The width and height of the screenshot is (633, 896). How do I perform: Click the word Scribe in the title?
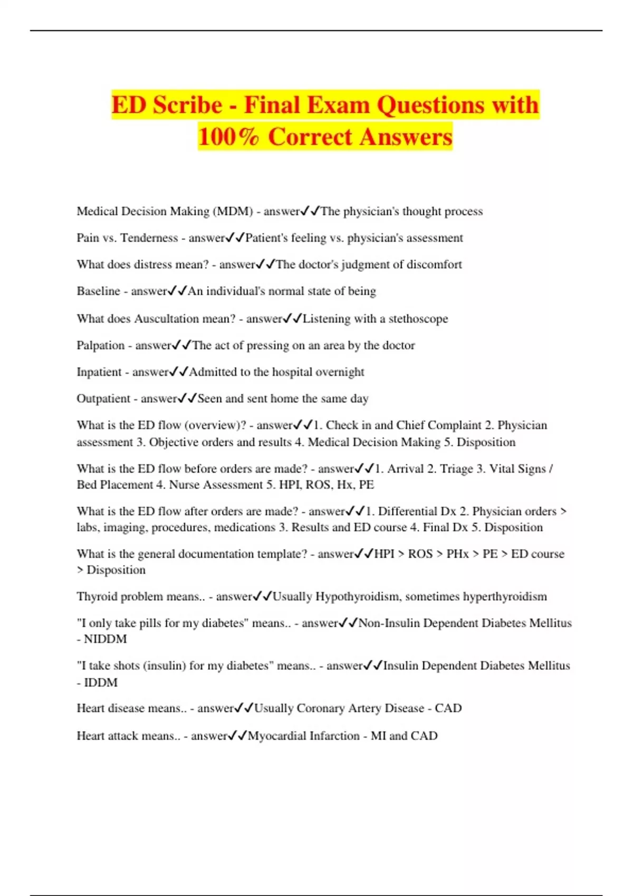point(187,105)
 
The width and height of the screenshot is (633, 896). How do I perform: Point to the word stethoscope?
point(418,319)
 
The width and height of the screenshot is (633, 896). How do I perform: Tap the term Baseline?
point(98,291)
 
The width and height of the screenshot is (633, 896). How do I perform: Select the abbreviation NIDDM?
point(105,639)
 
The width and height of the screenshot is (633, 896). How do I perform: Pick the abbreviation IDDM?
point(101,683)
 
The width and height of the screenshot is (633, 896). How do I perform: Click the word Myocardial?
point(274,736)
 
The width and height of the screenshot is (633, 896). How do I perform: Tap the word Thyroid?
point(95,597)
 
